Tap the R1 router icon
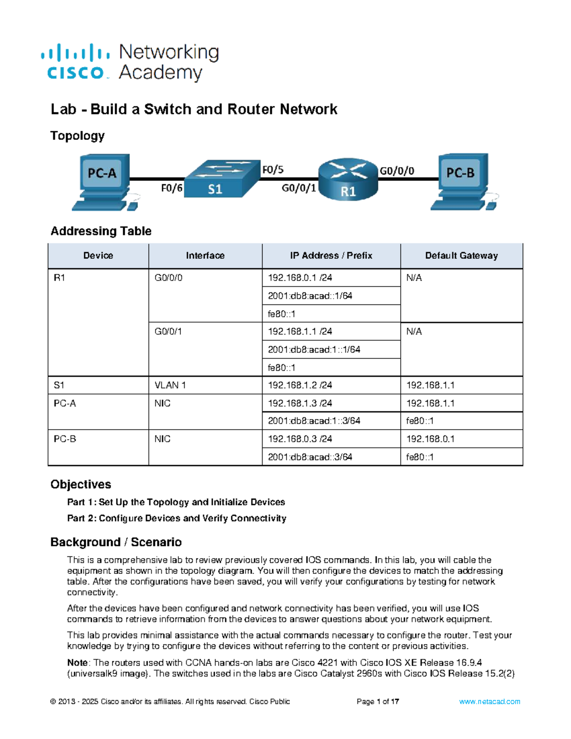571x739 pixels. tap(348, 179)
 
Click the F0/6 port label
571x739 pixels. tap(171, 188)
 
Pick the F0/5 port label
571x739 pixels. tap(273, 170)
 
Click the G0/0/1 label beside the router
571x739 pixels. tap(299, 188)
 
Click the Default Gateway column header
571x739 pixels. tap(461, 256)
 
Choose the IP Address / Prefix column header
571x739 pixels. tap(331, 256)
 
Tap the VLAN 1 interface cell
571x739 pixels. tap(170, 385)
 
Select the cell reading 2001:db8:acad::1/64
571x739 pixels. tap(310, 296)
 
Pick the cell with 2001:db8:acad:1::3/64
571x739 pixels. tap(314, 421)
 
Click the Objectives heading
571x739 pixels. tap(81, 484)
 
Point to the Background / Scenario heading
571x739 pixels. tap(116, 542)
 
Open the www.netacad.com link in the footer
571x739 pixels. tap(489, 701)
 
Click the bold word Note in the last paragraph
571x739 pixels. tap(77, 662)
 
